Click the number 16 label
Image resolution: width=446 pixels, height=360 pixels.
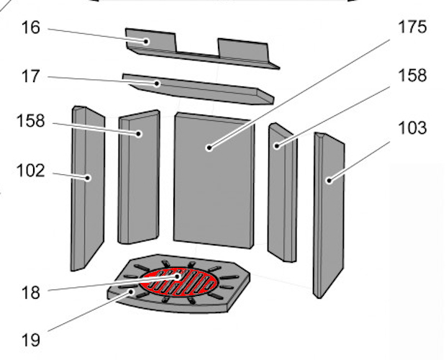point(31,28)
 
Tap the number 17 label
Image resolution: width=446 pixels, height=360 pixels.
point(31,76)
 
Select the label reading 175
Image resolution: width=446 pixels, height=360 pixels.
point(412,27)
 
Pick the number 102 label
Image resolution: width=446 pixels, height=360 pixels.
point(31,171)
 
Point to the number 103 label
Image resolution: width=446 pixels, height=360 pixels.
point(413,128)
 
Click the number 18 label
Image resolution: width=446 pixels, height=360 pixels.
point(31,293)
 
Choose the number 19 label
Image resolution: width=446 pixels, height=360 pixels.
point(31,340)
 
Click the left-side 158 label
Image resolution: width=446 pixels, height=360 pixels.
point(31,121)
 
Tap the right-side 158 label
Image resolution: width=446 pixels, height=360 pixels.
point(412,76)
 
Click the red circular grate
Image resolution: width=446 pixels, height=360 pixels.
point(178,282)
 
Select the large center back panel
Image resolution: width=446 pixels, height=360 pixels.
point(214,181)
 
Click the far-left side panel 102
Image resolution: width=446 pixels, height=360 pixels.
point(88,189)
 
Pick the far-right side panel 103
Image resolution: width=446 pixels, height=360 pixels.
point(329,215)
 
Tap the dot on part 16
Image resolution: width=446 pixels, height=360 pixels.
point(146,42)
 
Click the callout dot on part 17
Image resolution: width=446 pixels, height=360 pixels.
point(157,84)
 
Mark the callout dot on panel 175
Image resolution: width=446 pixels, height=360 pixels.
point(209,148)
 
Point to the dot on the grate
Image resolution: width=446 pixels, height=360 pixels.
point(178,276)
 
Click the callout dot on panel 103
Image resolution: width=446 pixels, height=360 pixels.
point(329,181)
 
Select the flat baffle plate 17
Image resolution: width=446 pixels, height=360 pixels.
point(199,89)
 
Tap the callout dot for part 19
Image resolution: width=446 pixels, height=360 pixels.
point(131,292)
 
